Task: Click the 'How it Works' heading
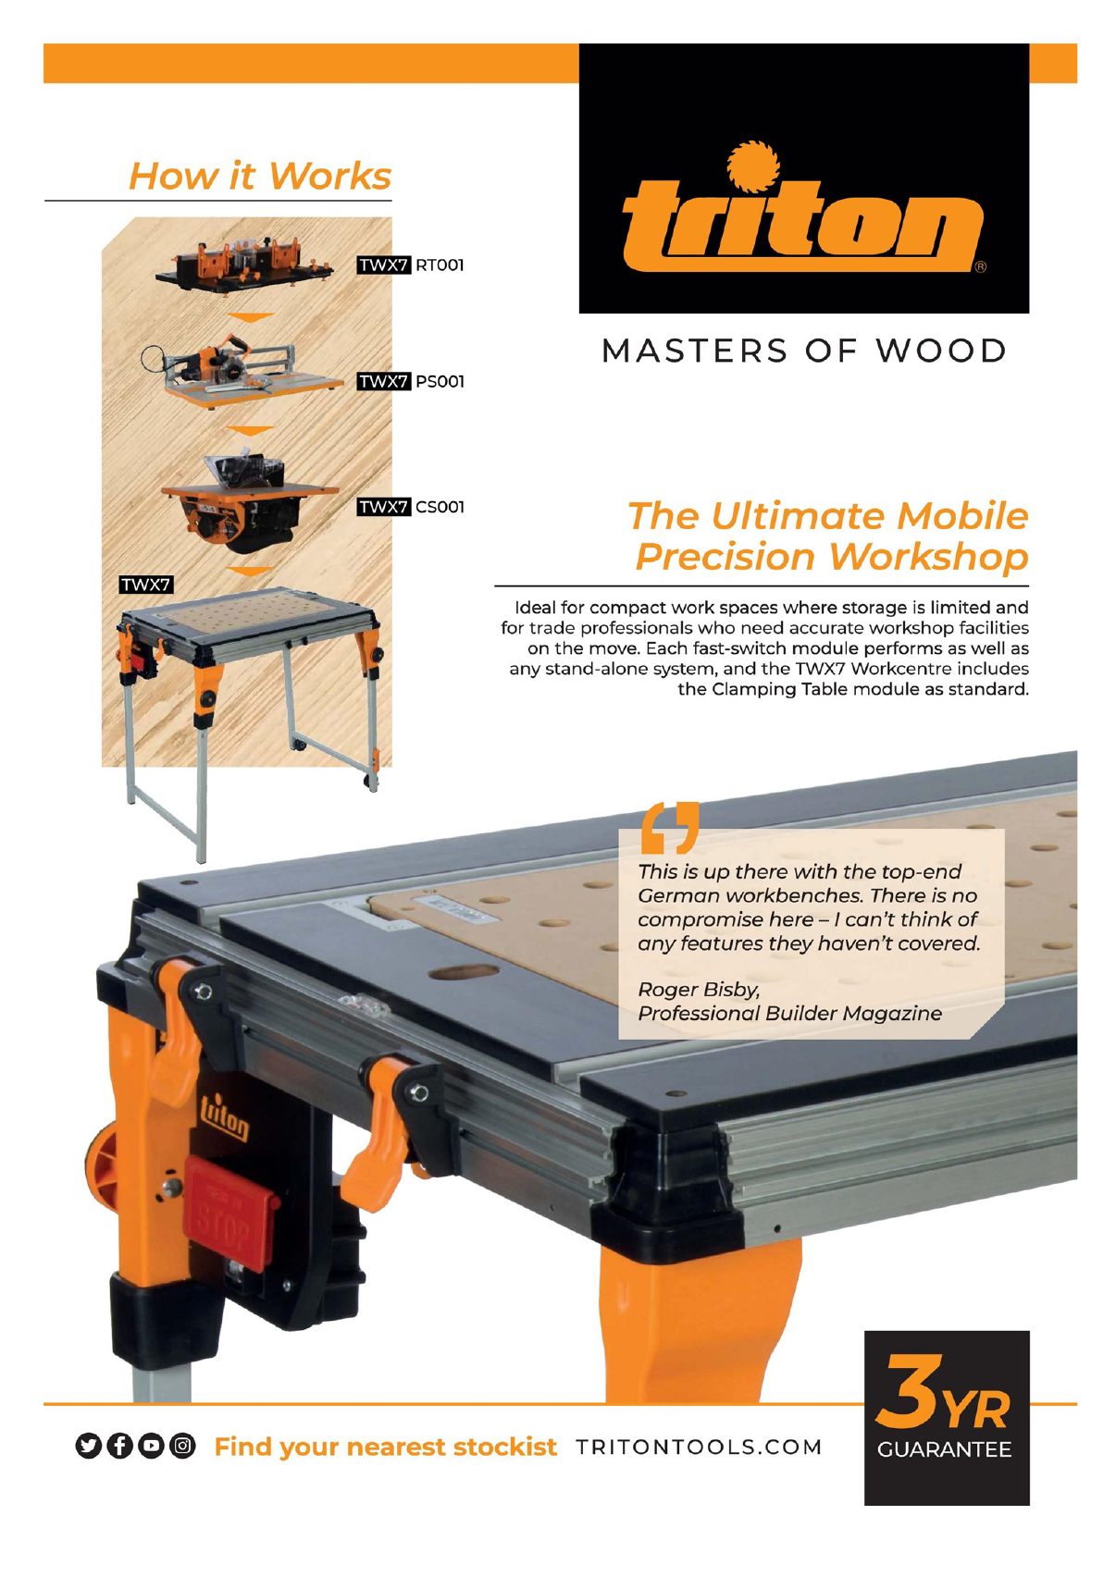(x=260, y=176)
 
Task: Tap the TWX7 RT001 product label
(x=411, y=265)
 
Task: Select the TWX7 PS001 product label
(x=411, y=381)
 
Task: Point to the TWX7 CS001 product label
(x=411, y=507)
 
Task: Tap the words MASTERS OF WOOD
(x=803, y=351)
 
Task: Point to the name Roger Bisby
(x=699, y=990)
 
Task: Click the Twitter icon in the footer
(x=88, y=1446)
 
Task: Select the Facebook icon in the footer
(x=120, y=1446)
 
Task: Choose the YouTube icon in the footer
(x=152, y=1446)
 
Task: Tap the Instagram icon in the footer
(x=183, y=1446)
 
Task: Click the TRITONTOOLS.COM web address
(x=699, y=1447)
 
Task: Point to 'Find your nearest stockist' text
(x=385, y=1447)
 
